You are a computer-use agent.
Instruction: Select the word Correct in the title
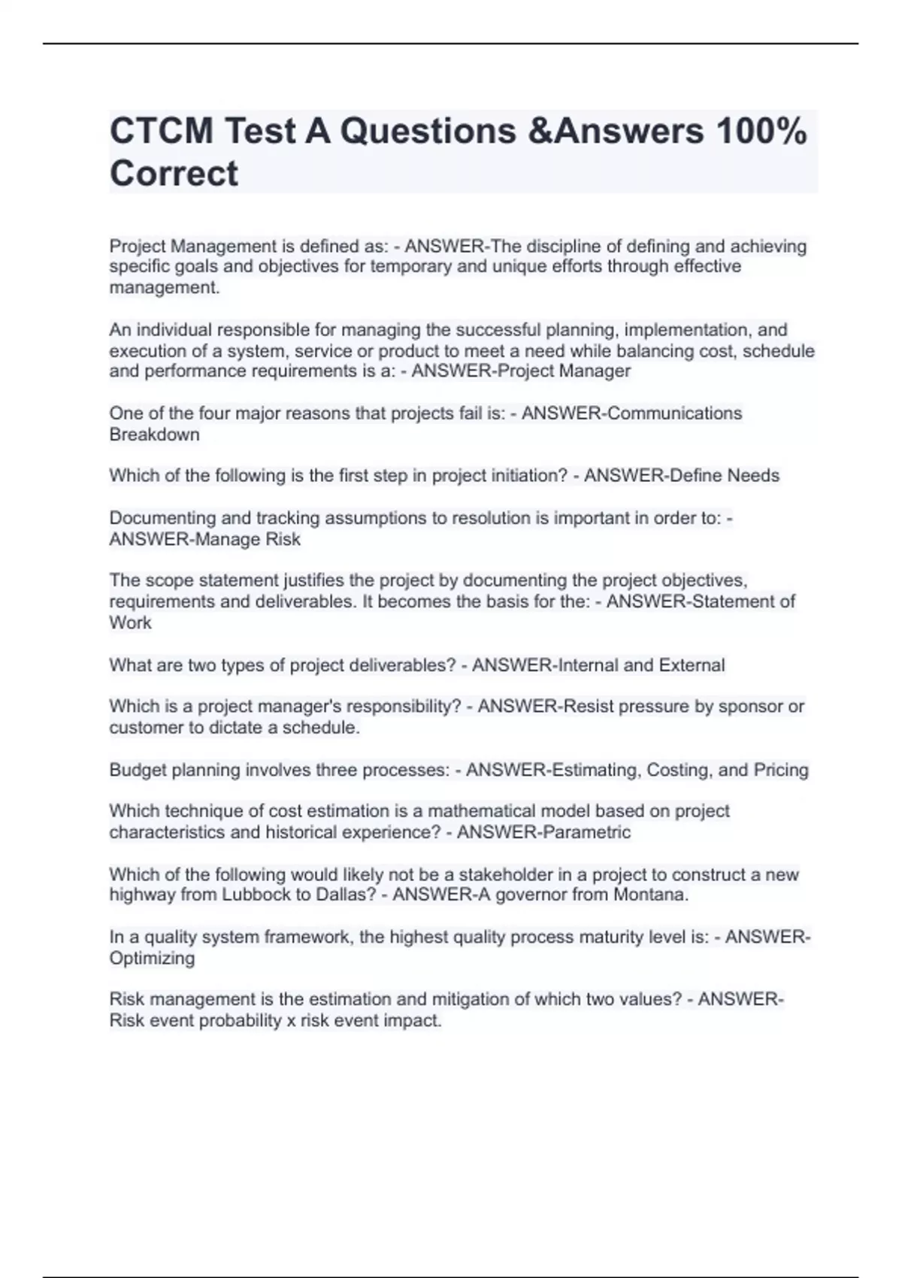click(174, 174)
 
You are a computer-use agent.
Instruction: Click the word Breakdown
click(154, 435)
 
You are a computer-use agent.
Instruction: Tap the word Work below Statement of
click(130, 622)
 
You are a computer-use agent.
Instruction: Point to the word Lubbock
click(250, 895)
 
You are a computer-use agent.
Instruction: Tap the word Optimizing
click(152, 958)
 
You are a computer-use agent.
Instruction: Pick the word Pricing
click(781, 770)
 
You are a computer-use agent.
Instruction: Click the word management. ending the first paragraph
click(165, 287)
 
